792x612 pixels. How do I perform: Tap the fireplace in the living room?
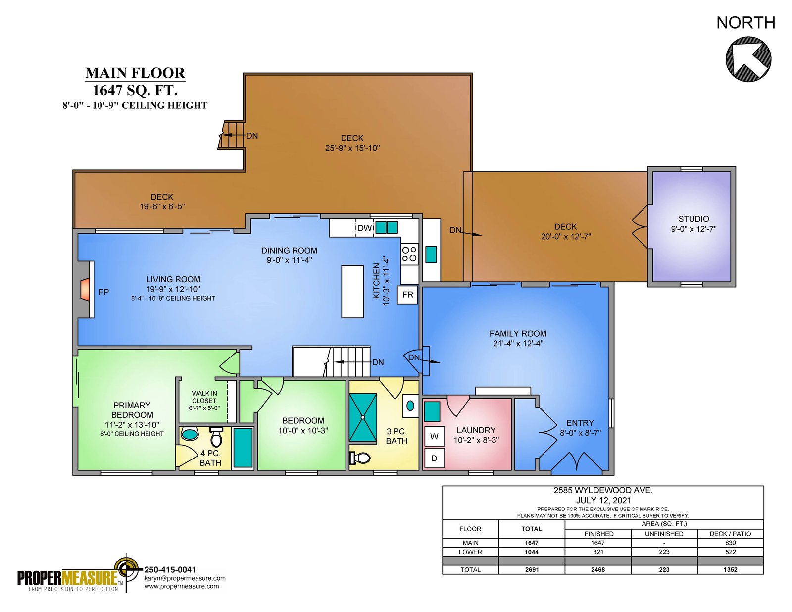click(85, 289)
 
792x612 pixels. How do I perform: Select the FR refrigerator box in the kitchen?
click(407, 295)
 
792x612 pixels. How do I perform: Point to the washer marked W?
click(435, 436)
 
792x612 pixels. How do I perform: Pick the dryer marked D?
click(435, 458)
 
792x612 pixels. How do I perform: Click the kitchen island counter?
click(352, 292)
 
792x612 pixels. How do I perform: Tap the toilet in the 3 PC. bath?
click(360, 457)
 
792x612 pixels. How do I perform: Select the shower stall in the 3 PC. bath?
click(363, 418)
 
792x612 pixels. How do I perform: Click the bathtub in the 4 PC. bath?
click(243, 447)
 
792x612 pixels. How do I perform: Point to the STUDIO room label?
click(693, 219)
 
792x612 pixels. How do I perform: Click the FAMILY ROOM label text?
click(518, 334)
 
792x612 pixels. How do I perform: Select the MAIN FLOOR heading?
click(135, 73)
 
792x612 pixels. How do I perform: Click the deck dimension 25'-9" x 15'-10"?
click(352, 148)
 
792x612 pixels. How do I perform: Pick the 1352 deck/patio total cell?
click(730, 570)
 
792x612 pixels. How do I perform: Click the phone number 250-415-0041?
click(170, 570)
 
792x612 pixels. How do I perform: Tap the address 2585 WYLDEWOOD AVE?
click(603, 491)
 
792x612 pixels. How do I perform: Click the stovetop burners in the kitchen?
click(409, 254)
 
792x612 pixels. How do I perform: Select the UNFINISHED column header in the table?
click(664, 534)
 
